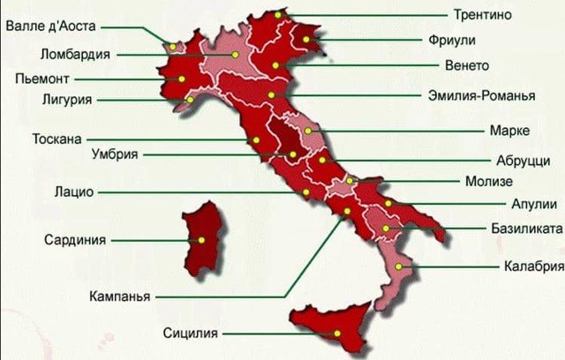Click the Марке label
(508, 131)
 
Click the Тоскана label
(56, 139)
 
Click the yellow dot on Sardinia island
(202, 239)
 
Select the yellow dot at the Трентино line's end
(277, 15)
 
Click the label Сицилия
(191, 334)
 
